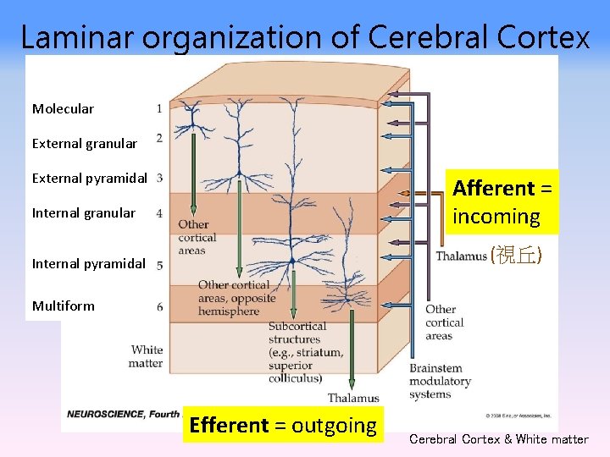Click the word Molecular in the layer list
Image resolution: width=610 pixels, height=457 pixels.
[x=63, y=109]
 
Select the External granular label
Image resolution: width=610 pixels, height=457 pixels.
[x=84, y=144]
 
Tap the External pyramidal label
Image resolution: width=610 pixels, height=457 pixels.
[x=89, y=179]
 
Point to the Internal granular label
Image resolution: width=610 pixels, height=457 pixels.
[x=83, y=213]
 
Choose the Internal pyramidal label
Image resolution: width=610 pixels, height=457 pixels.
[x=88, y=263]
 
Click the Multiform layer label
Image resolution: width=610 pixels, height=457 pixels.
[x=63, y=306]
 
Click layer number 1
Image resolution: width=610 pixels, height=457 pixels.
[x=159, y=108]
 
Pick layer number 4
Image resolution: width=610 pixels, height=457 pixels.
[x=159, y=213]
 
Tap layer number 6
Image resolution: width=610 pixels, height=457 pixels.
[x=159, y=306]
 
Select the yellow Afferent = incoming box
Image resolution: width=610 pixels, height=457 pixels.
[x=502, y=202]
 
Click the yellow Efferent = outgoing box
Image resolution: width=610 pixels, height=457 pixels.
[x=283, y=425]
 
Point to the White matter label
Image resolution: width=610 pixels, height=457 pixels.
[x=146, y=356]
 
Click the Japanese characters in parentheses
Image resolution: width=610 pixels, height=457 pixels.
[x=517, y=256]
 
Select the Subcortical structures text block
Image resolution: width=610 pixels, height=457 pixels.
[x=305, y=352]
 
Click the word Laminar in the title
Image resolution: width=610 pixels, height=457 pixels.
[x=74, y=36]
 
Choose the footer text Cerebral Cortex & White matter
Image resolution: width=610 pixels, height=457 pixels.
[x=498, y=439]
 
